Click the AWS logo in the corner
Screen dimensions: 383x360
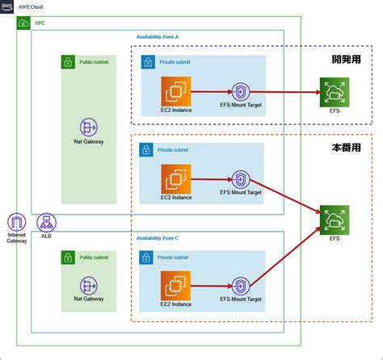click(x=6, y=6)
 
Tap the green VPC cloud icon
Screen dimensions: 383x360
click(x=23, y=23)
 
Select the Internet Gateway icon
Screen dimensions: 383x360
click(x=17, y=222)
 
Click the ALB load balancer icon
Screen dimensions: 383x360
click(x=46, y=222)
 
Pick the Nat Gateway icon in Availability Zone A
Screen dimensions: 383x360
click(x=89, y=127)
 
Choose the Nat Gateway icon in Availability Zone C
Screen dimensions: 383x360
click(x=89, y=286)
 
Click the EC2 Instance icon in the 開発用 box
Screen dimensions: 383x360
click(x=176, y=91)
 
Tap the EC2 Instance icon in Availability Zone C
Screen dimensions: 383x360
click(x=175, y=286)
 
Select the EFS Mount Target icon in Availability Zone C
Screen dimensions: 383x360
click(x=241, y=287)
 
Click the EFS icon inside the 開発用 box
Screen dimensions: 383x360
click(x=335, y=92)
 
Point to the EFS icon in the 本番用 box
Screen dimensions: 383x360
click(x=335, y=220)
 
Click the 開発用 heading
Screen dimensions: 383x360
click(x=347, y=60)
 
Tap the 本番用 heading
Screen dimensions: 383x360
click(x=347, y=148)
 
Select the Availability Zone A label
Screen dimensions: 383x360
click(x=158, y=37)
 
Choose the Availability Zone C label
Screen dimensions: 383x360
click(x=158, y=238)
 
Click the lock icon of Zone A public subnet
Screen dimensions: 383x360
click(x=68, y=62)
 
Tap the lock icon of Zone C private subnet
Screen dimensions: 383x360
click(x=146, y=257)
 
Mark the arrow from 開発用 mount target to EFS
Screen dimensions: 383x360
click(x=285, y=92)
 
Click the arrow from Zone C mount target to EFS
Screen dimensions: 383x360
click(x=285, y=257)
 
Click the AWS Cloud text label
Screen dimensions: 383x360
click(x=31, y=7)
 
